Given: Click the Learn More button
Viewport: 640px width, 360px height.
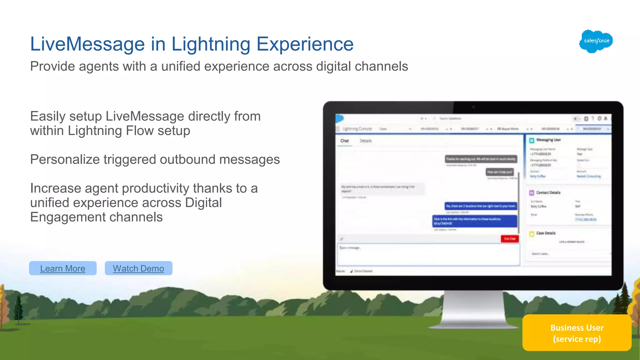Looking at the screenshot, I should click(62, 268).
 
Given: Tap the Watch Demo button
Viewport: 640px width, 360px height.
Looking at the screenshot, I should click(138, 268).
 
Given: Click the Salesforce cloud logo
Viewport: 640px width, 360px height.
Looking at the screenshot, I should click(596, 41).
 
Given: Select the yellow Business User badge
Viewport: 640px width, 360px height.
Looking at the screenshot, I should click(577, 333).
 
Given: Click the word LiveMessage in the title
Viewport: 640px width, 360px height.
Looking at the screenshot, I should click(87, 44).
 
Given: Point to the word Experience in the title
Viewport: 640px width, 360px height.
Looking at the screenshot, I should click(305, 44).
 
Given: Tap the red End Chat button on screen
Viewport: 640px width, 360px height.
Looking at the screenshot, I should click(510, 239).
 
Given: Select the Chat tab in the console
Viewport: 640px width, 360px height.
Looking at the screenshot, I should click(344, 141).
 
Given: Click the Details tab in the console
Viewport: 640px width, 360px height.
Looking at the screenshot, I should click(366, 141).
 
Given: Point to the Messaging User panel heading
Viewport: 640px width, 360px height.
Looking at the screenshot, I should click(548, 140).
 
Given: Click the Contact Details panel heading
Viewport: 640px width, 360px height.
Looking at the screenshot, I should click(548, 193).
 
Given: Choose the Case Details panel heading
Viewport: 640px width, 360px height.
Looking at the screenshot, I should click(546, 233).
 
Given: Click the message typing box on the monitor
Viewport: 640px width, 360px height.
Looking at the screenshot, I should click(428, 255).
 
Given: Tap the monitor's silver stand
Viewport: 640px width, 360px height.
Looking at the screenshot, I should click(473, 309).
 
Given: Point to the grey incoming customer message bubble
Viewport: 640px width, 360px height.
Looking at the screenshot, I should click(382, 189).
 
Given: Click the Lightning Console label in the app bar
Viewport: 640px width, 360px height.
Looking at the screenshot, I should click(357, 129).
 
